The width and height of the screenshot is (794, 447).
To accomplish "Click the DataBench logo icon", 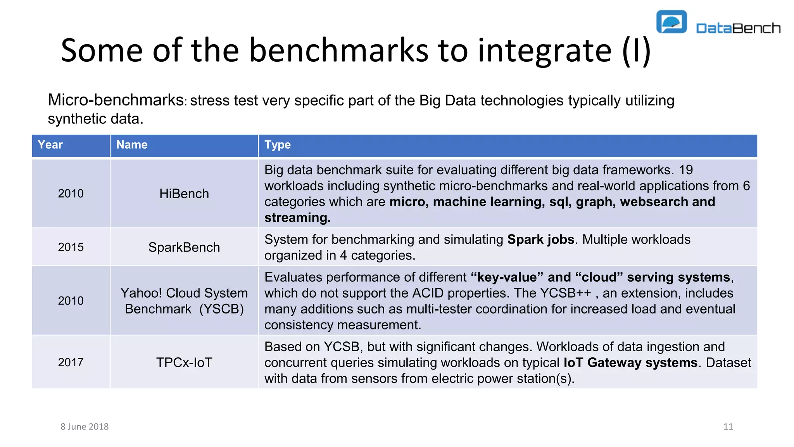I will [671, 22].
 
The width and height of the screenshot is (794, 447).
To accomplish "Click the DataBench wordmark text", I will [738, 28].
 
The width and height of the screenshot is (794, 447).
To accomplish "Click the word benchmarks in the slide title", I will [338, 50].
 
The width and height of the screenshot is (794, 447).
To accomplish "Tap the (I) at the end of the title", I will [637, 50].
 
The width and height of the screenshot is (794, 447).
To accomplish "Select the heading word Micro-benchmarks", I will [116, 100].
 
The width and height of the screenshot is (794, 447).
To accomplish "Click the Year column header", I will [50, 145].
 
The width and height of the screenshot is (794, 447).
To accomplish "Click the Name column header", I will [132, 145].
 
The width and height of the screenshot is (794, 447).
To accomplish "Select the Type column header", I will [278, 145].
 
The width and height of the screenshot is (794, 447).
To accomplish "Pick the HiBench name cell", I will [184, 194].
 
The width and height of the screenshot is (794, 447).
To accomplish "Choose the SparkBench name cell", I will [184, 247].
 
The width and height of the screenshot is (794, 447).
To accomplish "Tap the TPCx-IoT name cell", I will [184, 362].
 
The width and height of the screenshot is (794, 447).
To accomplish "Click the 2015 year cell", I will [71, 247].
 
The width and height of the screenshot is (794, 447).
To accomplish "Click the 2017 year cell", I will [71, 362].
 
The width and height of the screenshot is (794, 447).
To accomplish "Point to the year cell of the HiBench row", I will [71, 194].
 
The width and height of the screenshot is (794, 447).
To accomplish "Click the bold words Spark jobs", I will [540, 239].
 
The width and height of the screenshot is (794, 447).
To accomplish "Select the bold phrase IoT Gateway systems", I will [630, 362].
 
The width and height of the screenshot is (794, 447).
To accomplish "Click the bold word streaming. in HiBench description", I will [297, 218].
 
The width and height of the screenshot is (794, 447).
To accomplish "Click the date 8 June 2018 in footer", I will [85, 426].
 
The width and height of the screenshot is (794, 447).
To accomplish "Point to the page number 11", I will [728, 426].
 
